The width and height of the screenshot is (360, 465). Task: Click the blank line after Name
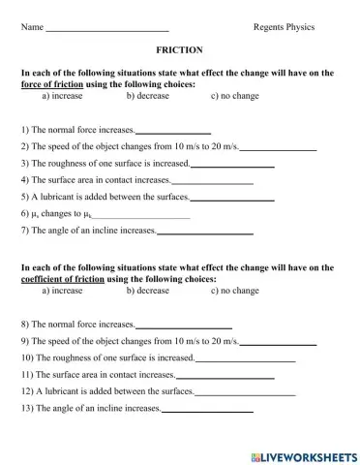click(x=107, y=29)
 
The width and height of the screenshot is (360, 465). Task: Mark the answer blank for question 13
click(x=207, y=410)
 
